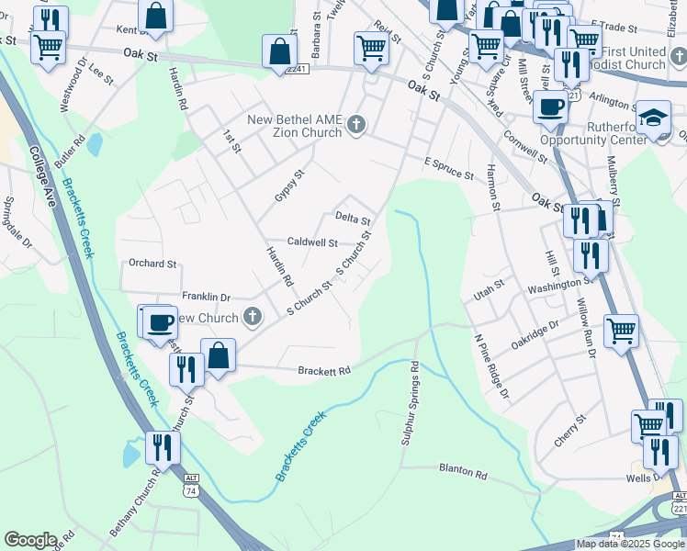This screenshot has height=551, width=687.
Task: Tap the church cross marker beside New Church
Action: click(x=253, y=319)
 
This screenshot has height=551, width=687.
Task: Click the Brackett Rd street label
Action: click(x=324, y=371)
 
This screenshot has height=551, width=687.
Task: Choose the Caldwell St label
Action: click(x=313, y=242)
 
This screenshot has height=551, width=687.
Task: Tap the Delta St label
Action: click(x=353, y=219)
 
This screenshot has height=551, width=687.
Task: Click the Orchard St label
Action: click(x=152, y=264)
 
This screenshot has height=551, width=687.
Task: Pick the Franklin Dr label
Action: click(x=206, y=297)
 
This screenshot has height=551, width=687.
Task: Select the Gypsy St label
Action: click(x=288, y=186)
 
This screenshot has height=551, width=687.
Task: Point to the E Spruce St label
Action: click(x=448, y=168)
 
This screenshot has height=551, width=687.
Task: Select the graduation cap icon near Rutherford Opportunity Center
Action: click(x=653, y=118)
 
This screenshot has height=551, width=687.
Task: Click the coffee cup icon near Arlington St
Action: click(x=550, y=106)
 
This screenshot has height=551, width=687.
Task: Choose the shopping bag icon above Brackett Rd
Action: click(x=219, y=355)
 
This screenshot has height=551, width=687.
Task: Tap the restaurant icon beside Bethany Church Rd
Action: click(x=163, y=447)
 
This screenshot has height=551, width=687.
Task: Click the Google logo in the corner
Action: click(x=30, y=540)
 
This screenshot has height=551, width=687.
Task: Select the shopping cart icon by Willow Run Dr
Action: click(x=622, y=331)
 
